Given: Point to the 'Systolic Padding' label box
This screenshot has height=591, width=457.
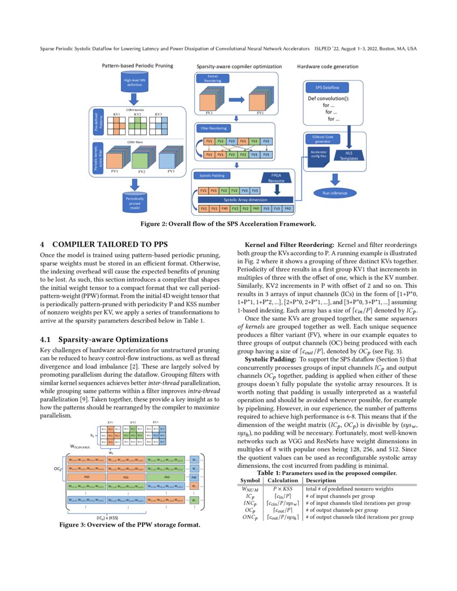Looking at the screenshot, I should point(212,176).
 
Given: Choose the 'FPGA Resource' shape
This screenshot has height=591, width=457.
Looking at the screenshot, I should point(276,178).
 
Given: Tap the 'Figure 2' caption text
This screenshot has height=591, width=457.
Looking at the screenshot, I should point(228,224).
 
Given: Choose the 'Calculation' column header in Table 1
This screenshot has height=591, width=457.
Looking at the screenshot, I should point(282,480).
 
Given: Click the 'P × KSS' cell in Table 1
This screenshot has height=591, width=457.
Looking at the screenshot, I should point(282,488).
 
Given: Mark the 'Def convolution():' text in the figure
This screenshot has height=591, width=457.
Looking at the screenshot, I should point(329,99).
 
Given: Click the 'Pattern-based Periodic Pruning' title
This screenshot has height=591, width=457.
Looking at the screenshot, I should point(138,66).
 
